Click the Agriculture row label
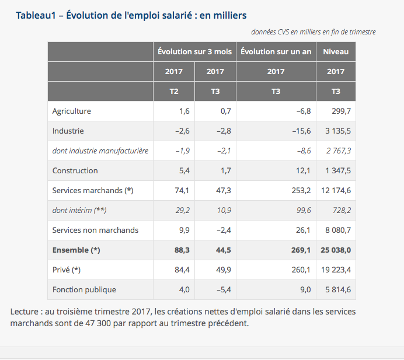[x=72, y=111]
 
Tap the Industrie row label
[x=68, y=131]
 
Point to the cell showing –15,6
[x=299, y=131]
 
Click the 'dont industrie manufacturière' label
[x=100, y=151]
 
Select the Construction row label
[x=75, y=171]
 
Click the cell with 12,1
[x=302, y=171]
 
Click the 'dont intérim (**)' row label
[x=79, y=211]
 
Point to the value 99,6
[x=302, y=211]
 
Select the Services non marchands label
[x=95, y=230]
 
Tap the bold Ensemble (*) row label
[x=76, y=250]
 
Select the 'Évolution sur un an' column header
[x=276, y=52]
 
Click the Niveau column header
[x=336, y=52]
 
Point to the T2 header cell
[x=174, y=92]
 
